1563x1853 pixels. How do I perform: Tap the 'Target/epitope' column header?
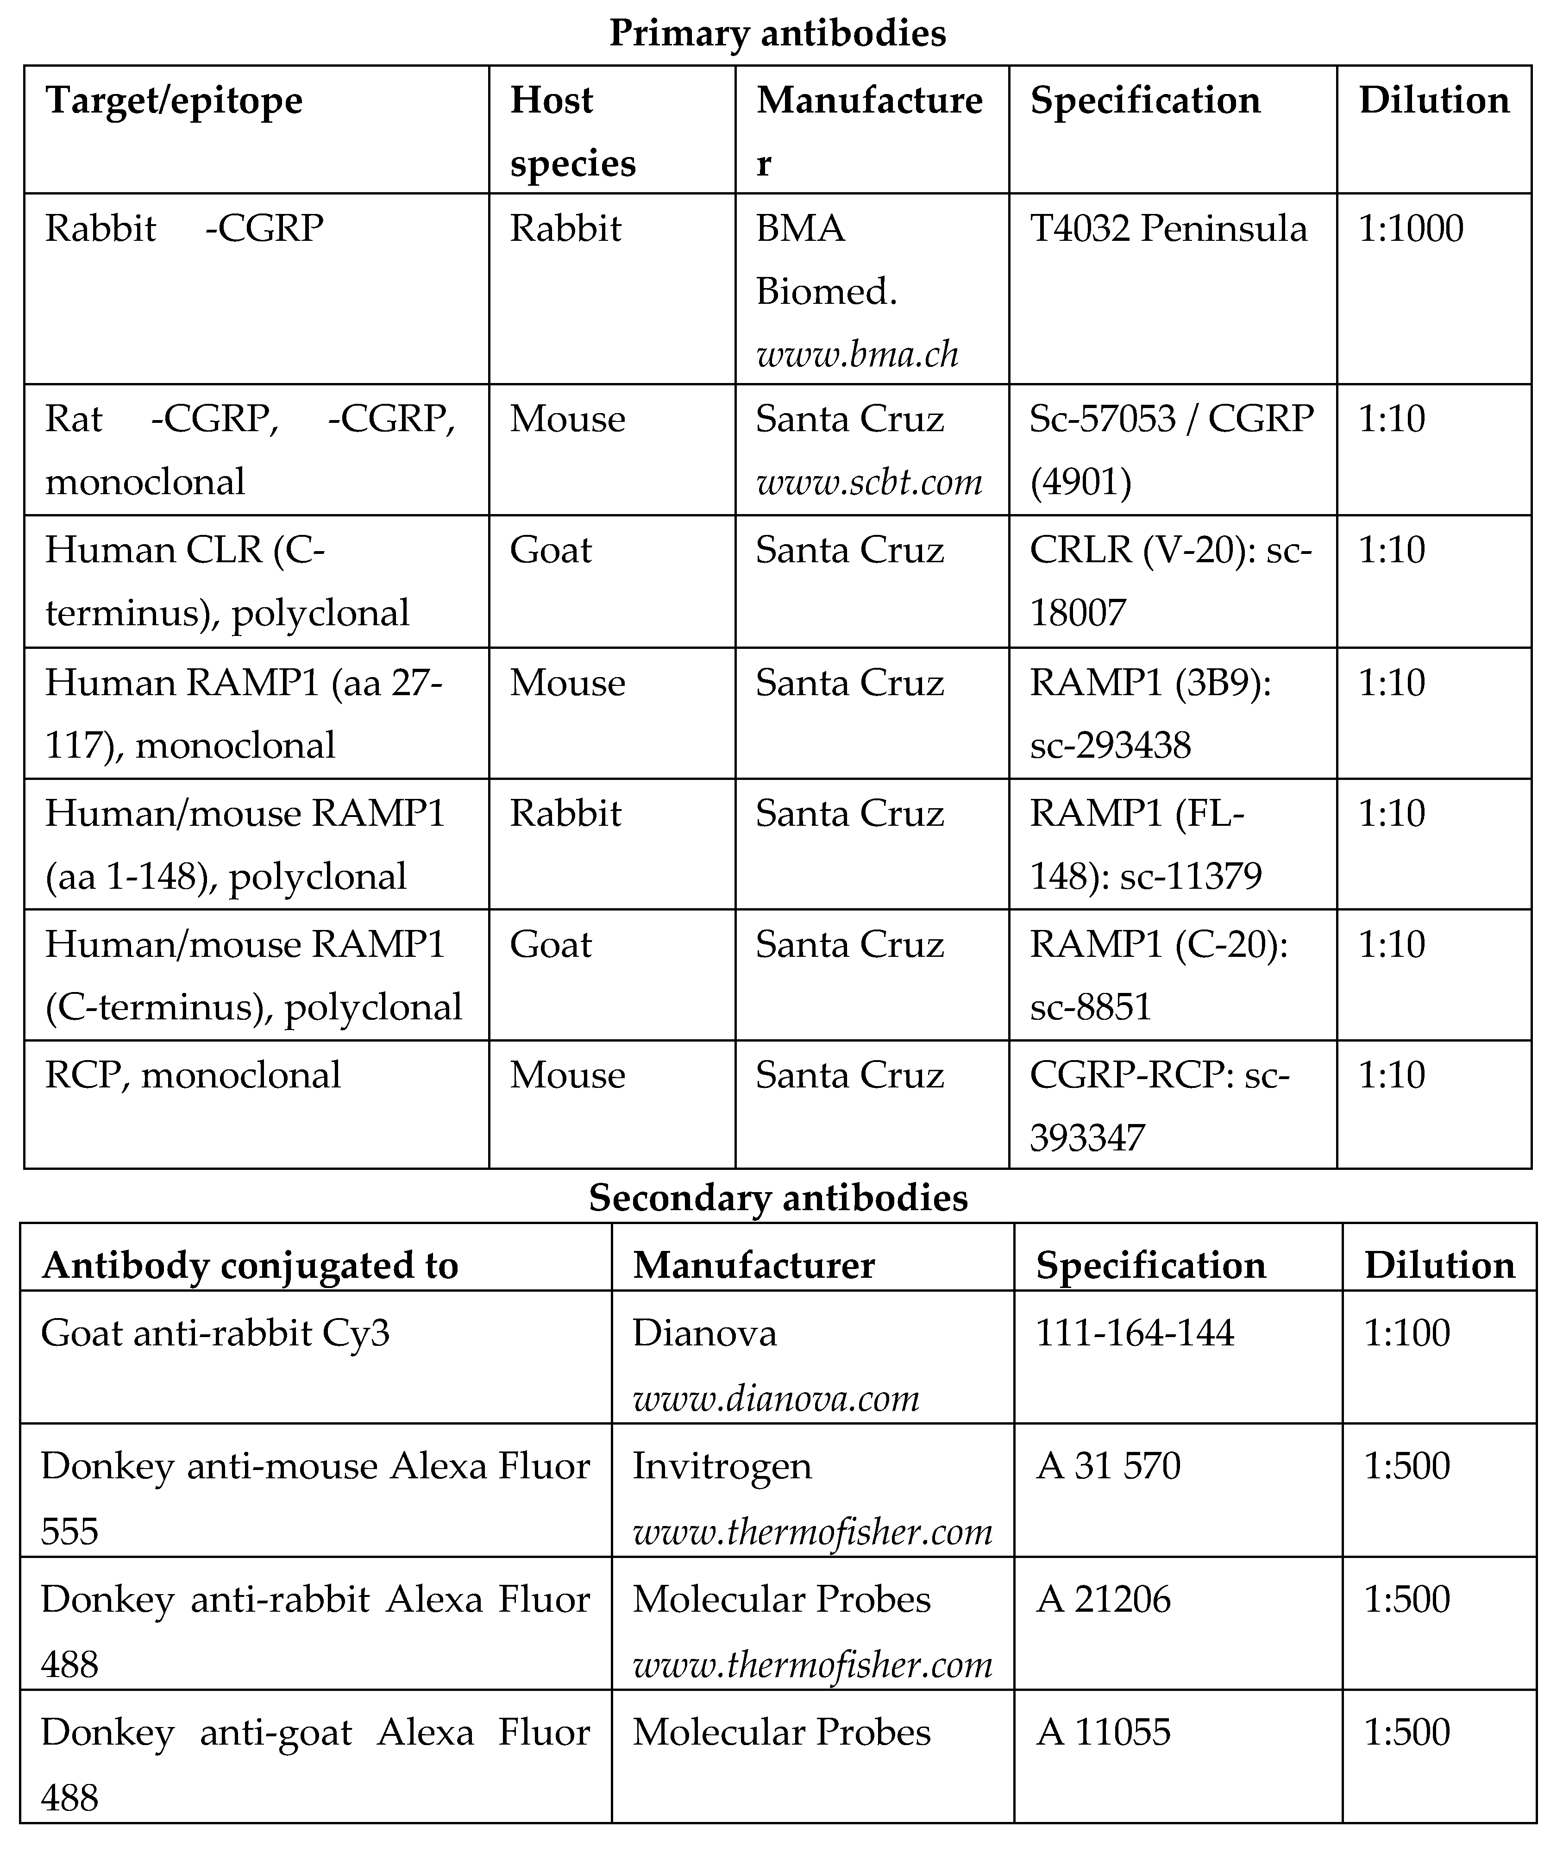pos(174,100)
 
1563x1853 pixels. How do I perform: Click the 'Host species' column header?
pos(572,131)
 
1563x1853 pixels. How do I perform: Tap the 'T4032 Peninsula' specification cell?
pos(1168,229)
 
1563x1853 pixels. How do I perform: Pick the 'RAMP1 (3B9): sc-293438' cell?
pos(1150,713)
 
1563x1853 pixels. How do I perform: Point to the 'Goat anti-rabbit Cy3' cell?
pos(215,1333)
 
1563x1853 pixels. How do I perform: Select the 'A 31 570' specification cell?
pos(1108,1466)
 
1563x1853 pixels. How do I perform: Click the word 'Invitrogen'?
pos(721,1466)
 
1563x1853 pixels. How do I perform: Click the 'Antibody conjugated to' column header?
pos(250,1265)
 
